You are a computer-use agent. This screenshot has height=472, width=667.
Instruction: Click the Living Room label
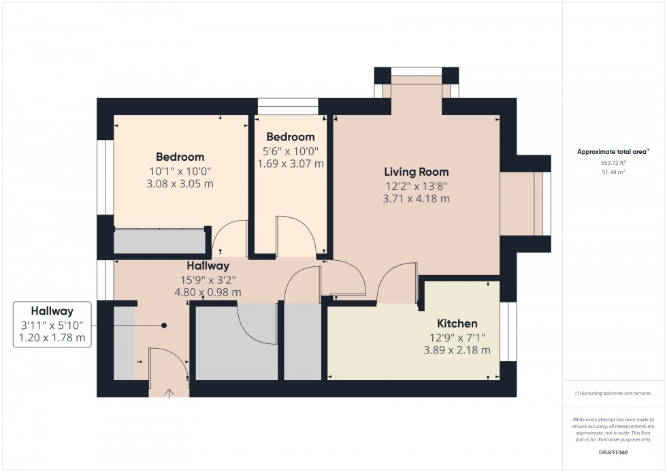click(416, 172)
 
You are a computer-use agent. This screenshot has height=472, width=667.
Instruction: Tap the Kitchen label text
click(457, 324)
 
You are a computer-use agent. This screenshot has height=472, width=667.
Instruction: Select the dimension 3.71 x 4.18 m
click(416, 199)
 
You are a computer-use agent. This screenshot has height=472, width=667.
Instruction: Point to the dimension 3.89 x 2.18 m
click(457, 351)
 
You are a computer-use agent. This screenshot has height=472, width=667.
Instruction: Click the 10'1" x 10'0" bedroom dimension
click(180, 170)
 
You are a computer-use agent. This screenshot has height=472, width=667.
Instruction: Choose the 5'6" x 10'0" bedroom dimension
click(290, 151)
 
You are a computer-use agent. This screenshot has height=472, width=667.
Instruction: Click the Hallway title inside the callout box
click(52, 311)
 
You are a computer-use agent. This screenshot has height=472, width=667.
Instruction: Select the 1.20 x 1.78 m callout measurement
click(52, 338)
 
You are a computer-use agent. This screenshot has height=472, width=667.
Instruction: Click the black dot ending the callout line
click(164, 326)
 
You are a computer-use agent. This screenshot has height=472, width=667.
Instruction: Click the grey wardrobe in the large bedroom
click(159, 242)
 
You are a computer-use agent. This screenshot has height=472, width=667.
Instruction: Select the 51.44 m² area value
click(613, 172)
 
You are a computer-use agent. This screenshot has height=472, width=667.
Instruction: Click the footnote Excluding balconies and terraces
click(613, 394)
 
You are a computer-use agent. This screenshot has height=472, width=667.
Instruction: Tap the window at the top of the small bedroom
click(288, 106)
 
